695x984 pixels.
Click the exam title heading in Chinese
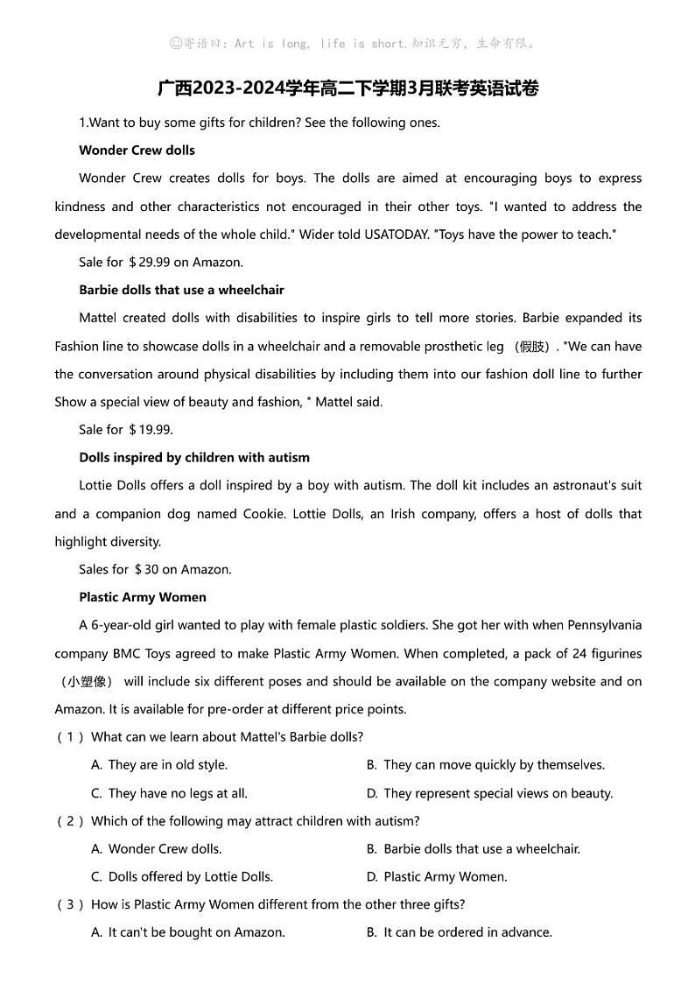347,88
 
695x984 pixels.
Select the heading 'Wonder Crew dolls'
137,151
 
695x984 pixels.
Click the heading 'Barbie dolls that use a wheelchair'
181,290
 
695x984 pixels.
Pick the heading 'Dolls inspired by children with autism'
193,458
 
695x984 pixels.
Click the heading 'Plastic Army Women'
142,597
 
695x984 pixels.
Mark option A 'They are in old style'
159,765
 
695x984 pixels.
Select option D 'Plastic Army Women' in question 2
437,876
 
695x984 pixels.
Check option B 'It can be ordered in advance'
459,932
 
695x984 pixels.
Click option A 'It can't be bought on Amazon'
188,932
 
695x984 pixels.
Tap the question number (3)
70,904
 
